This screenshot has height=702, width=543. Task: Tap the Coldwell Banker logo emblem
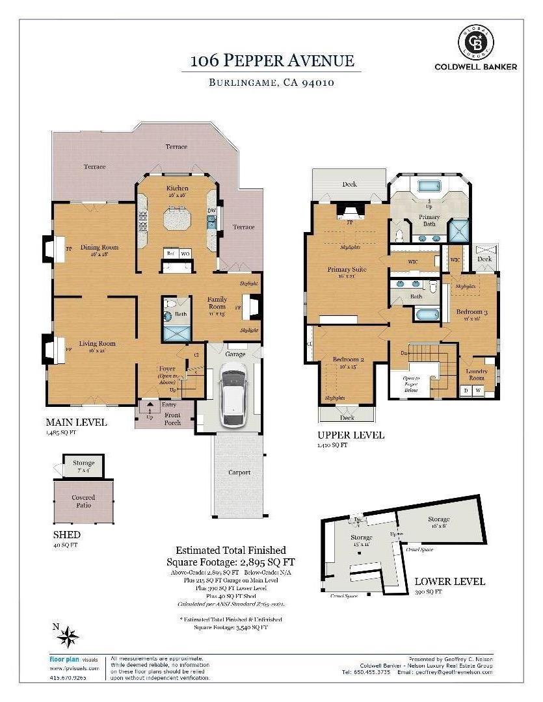coord(477,42)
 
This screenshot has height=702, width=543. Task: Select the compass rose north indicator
coord(68,636)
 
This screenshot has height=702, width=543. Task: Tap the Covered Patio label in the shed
coord(83,500)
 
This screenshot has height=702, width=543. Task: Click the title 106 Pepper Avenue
coord(272,61)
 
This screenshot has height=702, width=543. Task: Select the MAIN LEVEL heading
coord(76,422)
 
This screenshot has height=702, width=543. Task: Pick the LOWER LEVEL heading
coord(449,581)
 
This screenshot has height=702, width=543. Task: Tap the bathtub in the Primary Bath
coord(429,186)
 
